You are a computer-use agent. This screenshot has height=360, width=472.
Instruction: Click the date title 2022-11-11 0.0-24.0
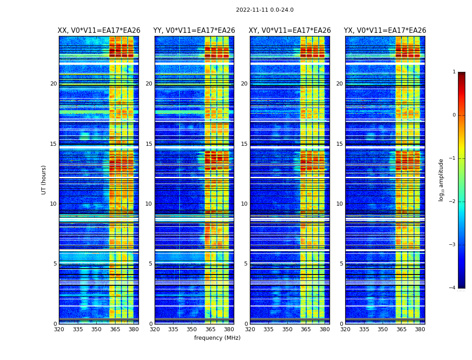[265, 10]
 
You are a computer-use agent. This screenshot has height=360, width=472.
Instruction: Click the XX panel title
[99, 31]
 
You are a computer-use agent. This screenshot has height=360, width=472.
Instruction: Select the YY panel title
[194, 31]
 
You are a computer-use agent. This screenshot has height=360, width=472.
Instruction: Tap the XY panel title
[290, 31]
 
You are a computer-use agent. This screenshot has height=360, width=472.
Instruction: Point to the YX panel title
[385, 31]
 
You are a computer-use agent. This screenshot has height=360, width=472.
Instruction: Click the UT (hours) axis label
[44, 180]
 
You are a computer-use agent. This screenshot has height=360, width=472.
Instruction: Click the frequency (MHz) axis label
[217, 338]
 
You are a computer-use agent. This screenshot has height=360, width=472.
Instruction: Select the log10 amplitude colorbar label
[441, 180]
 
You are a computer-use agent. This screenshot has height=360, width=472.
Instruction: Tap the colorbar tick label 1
[454, 72]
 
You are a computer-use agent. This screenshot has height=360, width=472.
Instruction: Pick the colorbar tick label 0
[454, 115]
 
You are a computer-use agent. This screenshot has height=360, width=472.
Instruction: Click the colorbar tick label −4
[453, 288]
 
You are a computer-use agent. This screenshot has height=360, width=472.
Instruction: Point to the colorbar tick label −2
[453, 202]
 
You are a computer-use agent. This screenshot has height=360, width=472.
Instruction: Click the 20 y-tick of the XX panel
[53, 84]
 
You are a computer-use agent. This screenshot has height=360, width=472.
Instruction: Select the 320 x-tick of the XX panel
[59, 329]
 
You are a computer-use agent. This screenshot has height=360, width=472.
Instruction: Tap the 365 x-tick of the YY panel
[210, 329]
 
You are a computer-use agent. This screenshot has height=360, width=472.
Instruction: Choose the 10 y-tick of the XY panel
[244, 204]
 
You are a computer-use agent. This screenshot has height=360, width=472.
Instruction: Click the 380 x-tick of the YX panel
[420, 329]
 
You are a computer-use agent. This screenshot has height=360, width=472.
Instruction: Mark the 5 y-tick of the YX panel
[342, 264]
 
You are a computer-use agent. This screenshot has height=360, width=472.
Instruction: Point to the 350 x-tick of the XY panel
[287, 329]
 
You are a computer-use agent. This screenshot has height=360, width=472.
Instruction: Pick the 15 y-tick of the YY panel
[149, 144]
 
